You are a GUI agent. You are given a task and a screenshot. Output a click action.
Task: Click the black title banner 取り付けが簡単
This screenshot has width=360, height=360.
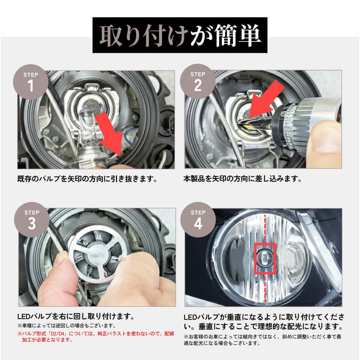[x=180, y=35]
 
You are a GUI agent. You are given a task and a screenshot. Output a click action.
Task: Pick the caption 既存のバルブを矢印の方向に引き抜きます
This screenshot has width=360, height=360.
[x=87, y=179]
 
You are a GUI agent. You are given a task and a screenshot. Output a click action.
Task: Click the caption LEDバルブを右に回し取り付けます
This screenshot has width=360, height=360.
[x=76, y=317]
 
